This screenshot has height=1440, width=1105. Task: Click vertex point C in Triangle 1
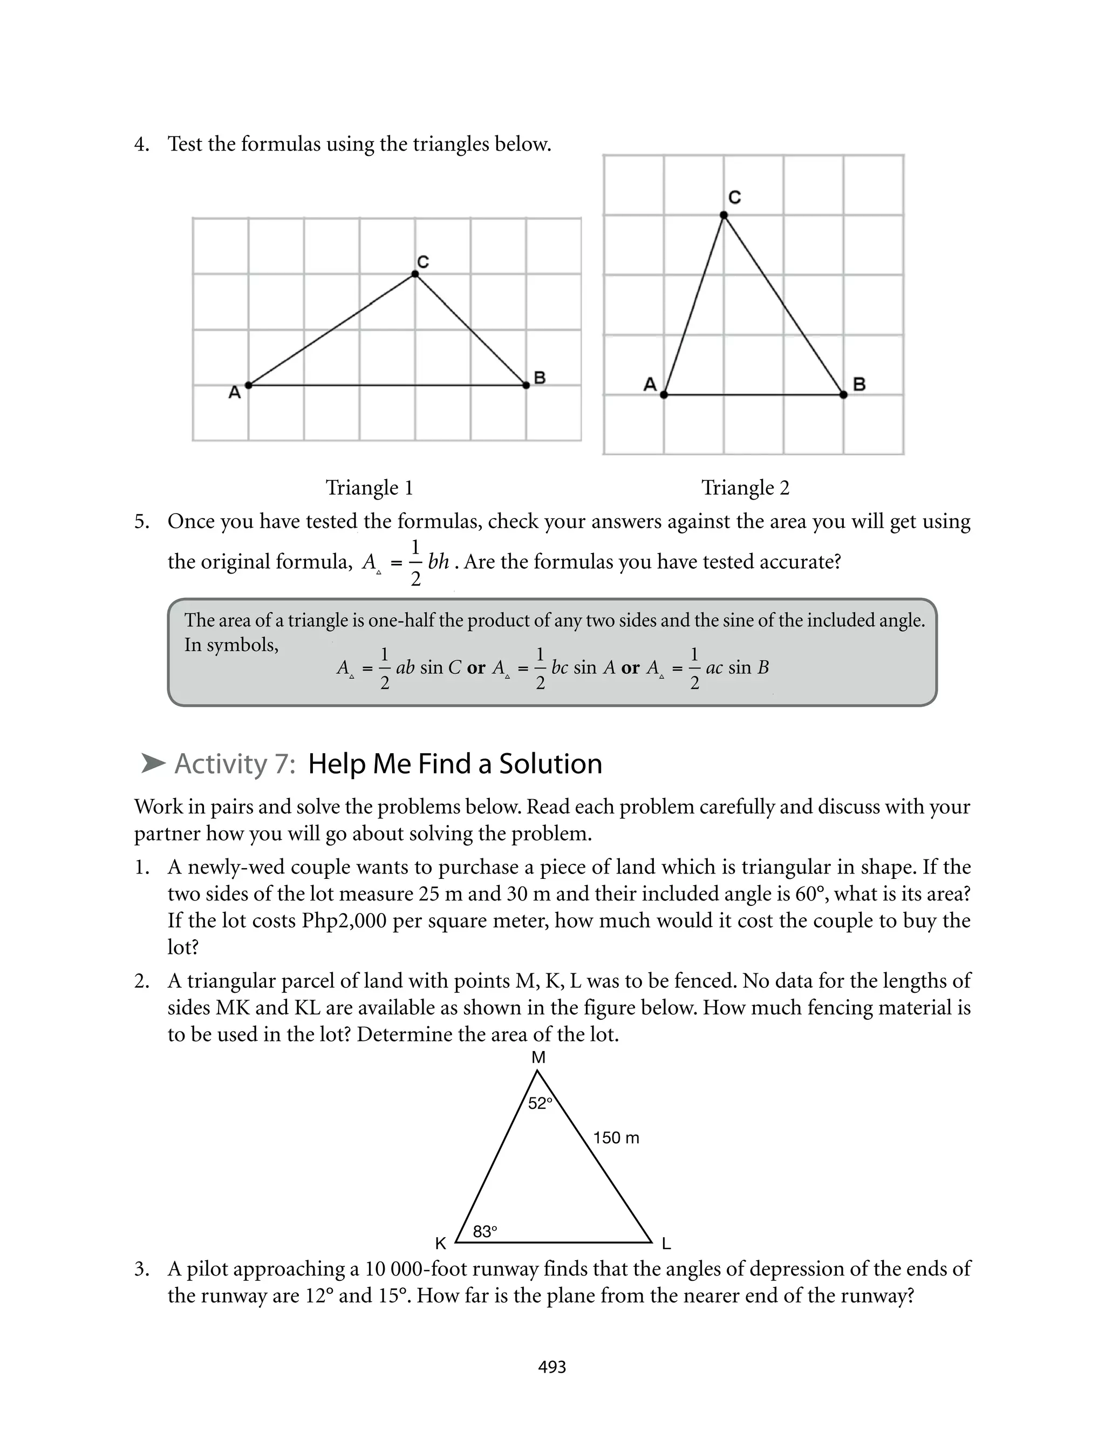tap(414, 274)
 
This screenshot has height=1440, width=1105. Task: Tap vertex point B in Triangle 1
tap(526, 385)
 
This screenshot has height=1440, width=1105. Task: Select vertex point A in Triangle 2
tap(664, 394)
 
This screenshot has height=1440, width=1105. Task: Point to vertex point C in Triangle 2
tap(724, 215)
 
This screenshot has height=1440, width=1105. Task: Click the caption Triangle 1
tap(369, 488)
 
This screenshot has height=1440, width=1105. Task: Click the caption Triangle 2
tap(745, 488)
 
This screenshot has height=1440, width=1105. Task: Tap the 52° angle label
tap(540, 1103)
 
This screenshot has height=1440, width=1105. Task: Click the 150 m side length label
tap(616, 1137)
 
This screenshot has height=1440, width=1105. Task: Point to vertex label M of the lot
tap(538, 1057)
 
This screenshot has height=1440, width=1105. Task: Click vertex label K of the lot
tap(441, 1244)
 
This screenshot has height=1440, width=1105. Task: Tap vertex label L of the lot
tap(666, 1244)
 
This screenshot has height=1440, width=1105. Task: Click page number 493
tap(552, 1367)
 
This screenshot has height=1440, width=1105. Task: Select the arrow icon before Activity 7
tap(153, 763)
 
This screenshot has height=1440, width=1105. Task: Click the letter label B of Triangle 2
tap(859, 384)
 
